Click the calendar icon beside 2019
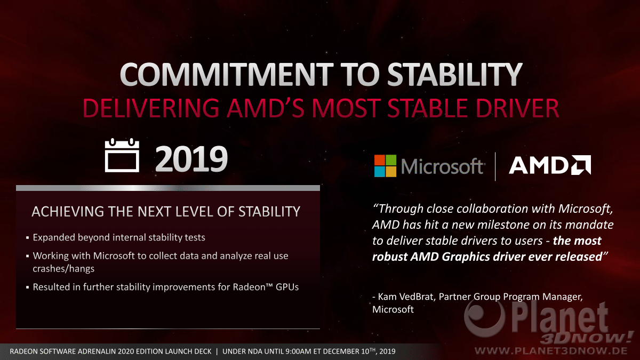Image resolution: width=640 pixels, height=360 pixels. (x=122, y=155)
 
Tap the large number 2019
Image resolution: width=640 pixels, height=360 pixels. (x=191, y=159)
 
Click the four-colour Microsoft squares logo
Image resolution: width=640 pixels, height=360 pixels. (x=386, y=166)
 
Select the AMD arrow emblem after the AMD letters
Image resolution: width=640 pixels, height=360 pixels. (x=581, y=165)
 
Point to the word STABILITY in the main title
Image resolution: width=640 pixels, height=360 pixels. (x=455, y=74)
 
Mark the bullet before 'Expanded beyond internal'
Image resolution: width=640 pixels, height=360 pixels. (x=27, y=238)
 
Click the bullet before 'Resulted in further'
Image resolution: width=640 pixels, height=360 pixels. (x=27, y=287)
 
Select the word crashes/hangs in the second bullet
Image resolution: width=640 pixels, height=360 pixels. (x=63, y=269)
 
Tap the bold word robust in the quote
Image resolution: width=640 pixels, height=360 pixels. (x=389, y=257)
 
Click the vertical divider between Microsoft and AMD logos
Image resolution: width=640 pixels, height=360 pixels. (x=495, y=166)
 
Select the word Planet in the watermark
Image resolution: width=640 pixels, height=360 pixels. (x=559, y=318)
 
